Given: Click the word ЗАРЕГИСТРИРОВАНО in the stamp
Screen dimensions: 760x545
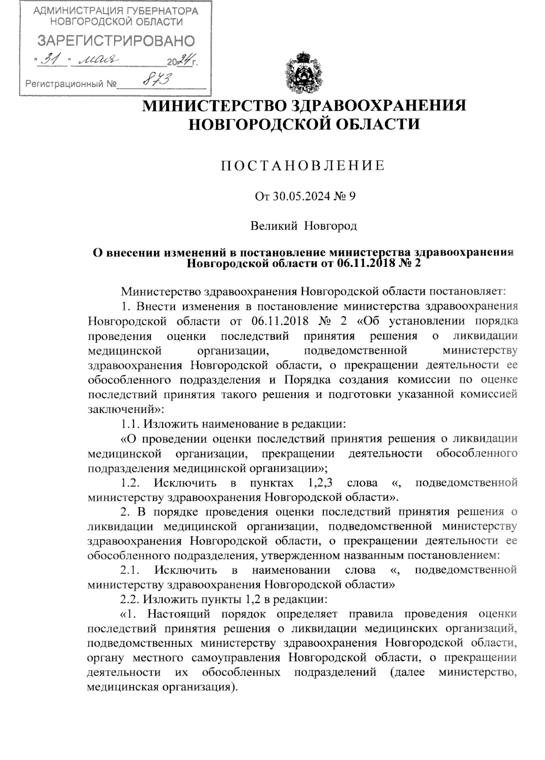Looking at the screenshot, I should pos(116,41).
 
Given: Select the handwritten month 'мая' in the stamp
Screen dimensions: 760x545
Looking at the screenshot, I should pos(95,60).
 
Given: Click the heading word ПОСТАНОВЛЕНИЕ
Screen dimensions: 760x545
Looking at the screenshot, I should pos(303,166).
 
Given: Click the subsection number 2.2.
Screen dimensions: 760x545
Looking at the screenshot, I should pos(130,599).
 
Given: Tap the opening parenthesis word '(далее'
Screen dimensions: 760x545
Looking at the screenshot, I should pos(407,672).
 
